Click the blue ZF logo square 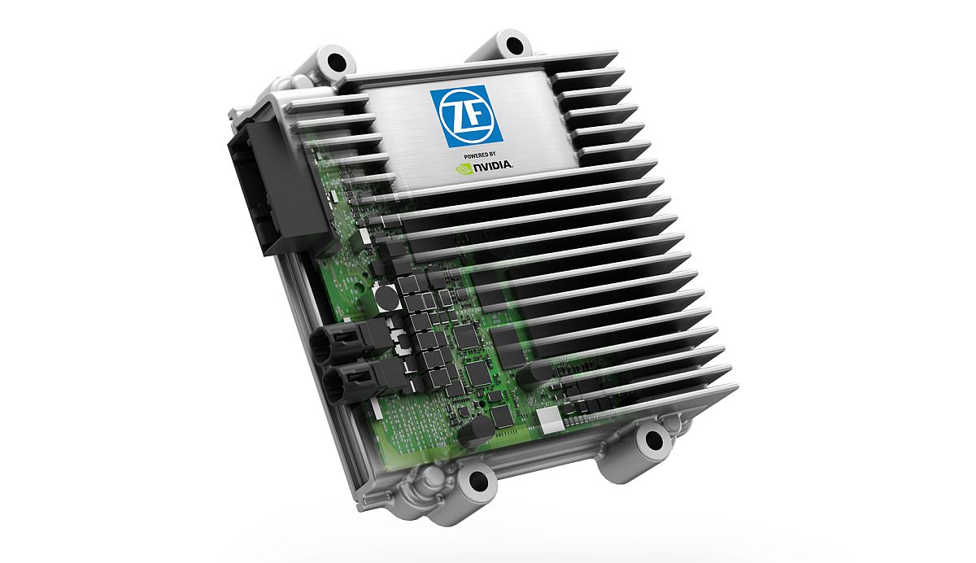pos(466,115)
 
